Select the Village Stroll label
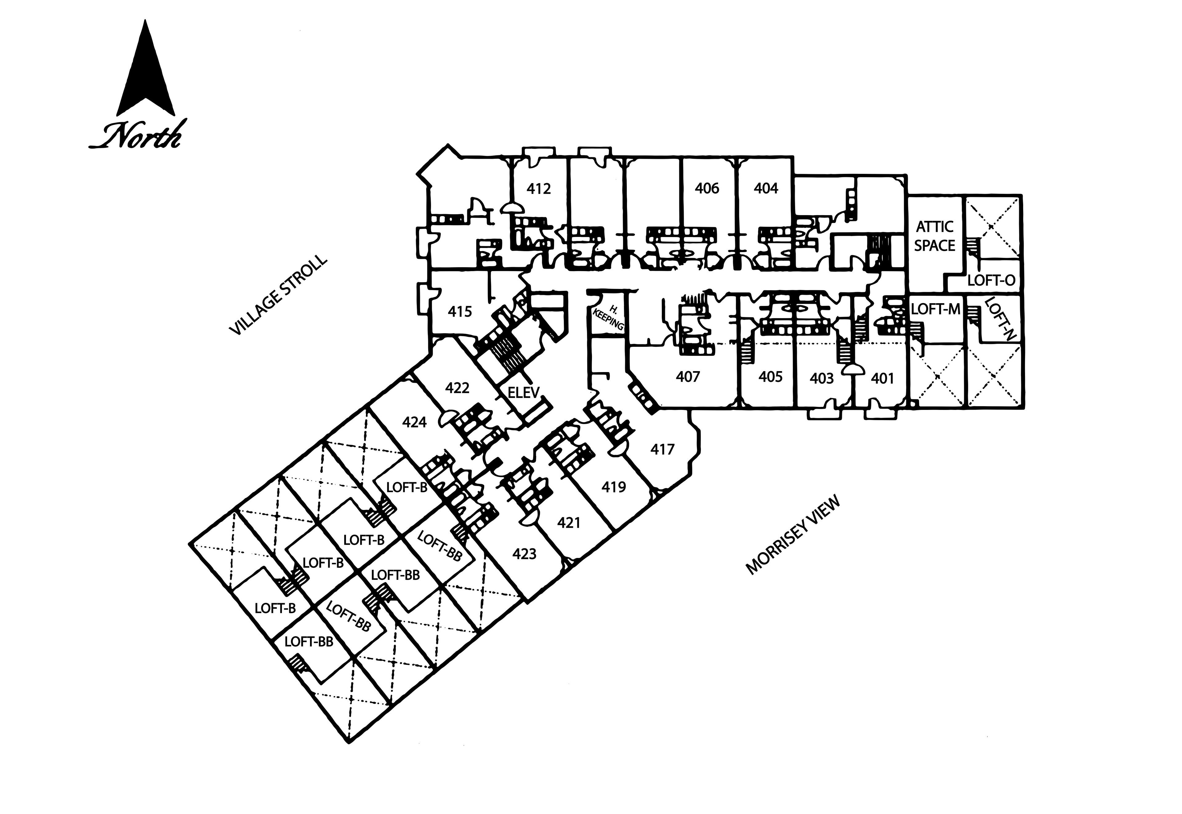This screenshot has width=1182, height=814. coord(278,295)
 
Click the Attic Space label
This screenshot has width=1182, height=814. coord(934,236)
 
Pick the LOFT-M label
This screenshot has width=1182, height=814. coord(936,309)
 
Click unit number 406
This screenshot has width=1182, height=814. coord(707,189)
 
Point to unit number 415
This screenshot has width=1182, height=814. coord(460,311)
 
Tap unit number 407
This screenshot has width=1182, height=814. coord(688,377)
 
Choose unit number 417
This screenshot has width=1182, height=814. coord(662,449)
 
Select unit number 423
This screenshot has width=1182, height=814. coord(525,554)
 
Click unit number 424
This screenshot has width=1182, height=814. coord(414,422)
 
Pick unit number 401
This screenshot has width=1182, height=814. coord(882,379)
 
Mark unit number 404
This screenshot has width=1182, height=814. coord(766,189)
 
